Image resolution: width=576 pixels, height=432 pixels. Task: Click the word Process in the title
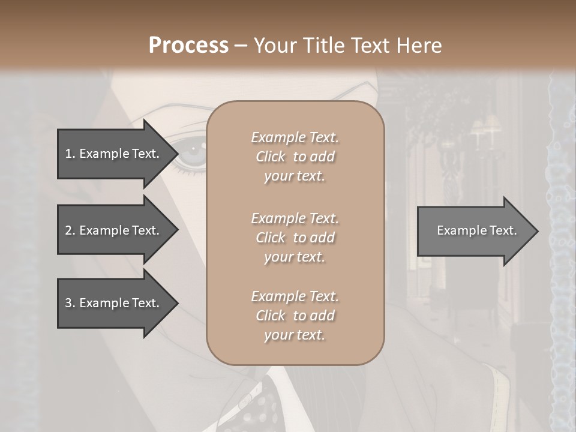pos(188,46)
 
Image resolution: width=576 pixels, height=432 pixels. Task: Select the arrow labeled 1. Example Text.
pos(114,154)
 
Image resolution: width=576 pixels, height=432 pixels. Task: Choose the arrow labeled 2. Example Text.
pos(114,230)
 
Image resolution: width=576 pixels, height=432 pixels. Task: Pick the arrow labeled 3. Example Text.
pos(114,303)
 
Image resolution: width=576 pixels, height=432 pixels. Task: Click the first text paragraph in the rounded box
pos(295,157)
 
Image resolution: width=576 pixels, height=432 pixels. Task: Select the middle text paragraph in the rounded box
pos(295,237)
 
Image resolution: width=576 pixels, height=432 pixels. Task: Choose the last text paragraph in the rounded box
pos(295,316)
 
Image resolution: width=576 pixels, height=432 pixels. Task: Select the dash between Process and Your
pos(241,46)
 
